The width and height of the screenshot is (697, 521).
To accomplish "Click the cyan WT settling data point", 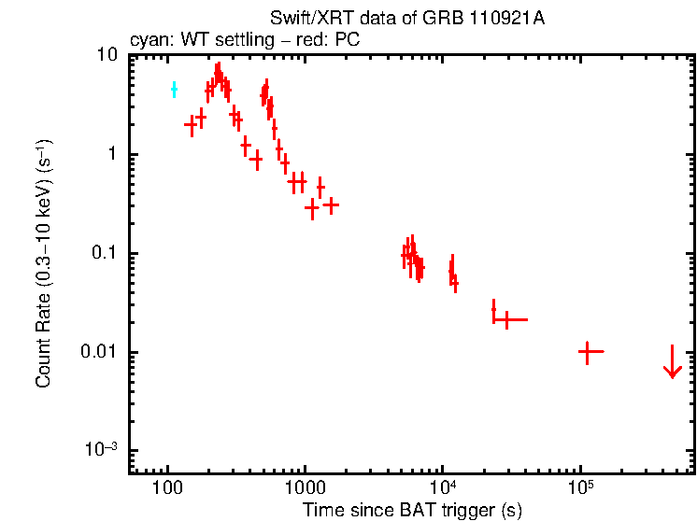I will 174,90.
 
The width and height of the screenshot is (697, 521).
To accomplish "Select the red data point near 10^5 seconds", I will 587,352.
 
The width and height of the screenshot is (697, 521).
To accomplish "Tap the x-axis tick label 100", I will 167,488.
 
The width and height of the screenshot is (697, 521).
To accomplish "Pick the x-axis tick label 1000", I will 305,488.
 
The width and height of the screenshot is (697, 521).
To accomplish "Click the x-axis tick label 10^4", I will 442,486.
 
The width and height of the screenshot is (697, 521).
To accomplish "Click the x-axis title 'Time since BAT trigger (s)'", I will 412,510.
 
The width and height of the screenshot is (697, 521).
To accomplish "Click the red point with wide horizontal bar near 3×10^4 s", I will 506,319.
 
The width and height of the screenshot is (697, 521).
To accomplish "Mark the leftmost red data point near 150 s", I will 191,124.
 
